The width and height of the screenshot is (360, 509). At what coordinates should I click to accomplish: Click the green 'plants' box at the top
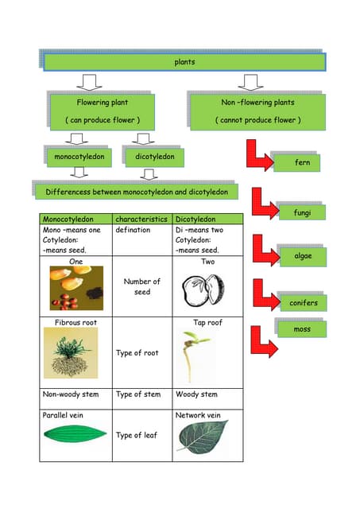coord(184,62)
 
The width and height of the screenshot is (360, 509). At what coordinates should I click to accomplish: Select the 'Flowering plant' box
coord(103,111)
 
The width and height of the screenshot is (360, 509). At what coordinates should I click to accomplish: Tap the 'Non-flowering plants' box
coord(257,111)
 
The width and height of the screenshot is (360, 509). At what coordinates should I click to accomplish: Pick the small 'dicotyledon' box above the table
coord(154,157)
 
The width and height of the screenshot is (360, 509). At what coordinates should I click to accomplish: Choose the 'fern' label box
coord(301,162)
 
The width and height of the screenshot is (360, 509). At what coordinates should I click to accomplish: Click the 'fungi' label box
coord(301,213)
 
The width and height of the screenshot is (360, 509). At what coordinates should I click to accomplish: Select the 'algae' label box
coord(301,255)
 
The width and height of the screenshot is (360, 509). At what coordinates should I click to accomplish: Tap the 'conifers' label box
coord(303,303)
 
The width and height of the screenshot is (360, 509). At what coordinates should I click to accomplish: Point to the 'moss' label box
coord(301,328)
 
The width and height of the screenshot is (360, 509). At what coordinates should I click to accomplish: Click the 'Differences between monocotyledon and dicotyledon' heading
coord(137,192)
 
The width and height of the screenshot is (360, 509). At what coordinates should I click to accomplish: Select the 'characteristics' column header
coord(141,219)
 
